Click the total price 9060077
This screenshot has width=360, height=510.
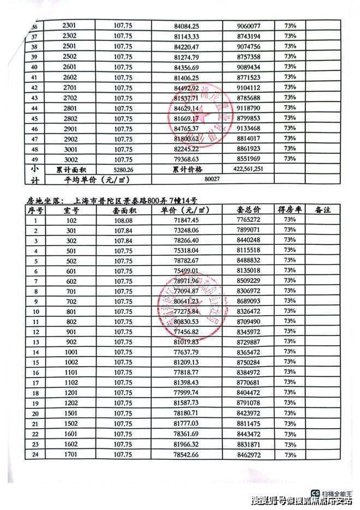click(x=250, y=25)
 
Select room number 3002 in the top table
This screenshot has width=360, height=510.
click(x=71, y=159)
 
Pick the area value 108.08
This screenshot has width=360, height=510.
click(x=123, y=220)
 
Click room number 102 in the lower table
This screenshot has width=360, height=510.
click(x=71, y=220)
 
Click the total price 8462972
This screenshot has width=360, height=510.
click(x=249, y=454)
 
